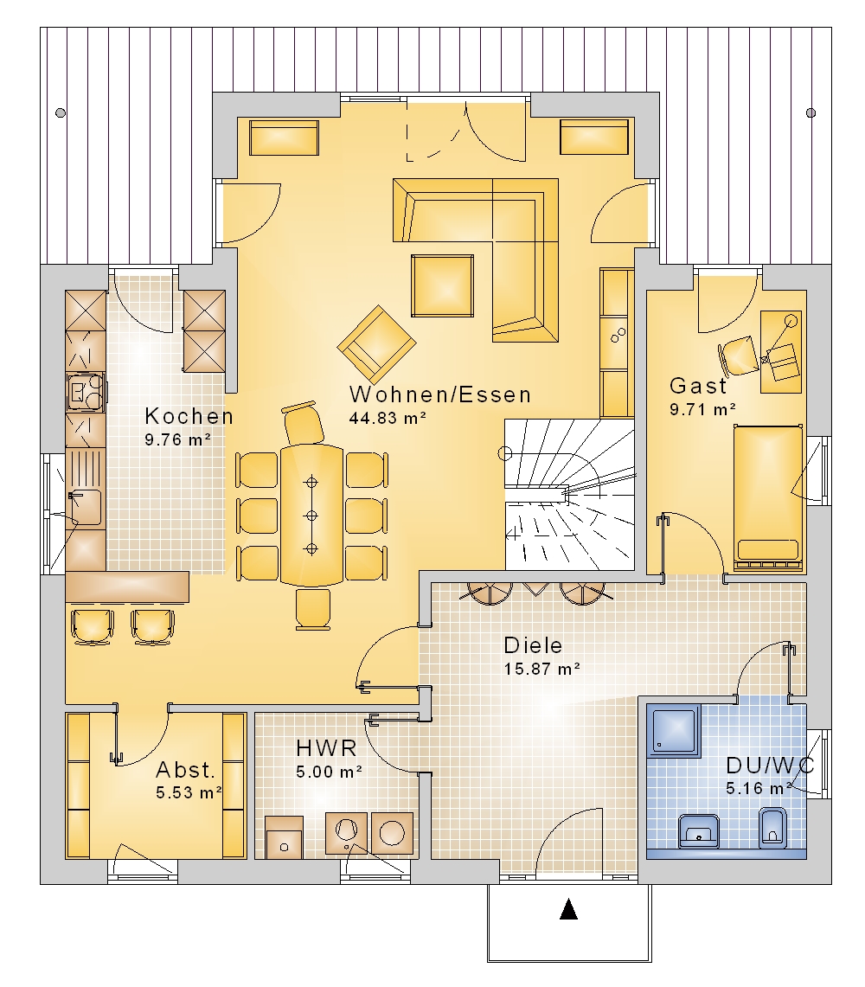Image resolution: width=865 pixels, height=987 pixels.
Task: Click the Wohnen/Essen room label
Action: pyautogui.click(x=440, y=394)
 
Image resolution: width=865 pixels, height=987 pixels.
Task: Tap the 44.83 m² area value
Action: pyautogui.click(x=388, y=418)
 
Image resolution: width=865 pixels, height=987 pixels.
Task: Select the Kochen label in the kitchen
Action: pyautogui.click(x=189, y=416)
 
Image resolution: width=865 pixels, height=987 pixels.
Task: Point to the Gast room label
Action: pyautogui.click(x=698, y=385)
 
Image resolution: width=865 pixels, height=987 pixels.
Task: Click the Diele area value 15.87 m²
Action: pyautogui.click(x=542, y=669)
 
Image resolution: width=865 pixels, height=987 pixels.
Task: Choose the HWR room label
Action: pyautogui.click(x=326, y=747)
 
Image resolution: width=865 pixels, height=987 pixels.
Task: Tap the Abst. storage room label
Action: pyautogui.click(x=186, y=770)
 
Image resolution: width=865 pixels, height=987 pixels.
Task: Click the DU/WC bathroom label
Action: pyautogui.click(x=770, y=766)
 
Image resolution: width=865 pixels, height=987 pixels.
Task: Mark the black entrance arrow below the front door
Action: pyautogui.click(x=568, y=909)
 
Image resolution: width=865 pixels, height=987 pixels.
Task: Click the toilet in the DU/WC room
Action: pyautogui.click(x=772, y=828)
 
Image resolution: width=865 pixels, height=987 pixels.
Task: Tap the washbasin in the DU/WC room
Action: pyautogui.click(x=699, y=831)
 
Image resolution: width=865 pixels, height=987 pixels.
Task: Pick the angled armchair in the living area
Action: pyautogui.click(x=376, y=344)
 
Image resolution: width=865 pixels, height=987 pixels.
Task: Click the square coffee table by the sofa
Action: pyautogui.click(x=442, y=285)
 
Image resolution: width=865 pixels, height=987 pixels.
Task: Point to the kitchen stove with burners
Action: pyautogui.click(x=85, y=392)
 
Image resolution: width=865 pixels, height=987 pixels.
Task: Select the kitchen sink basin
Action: pyautogui.click(x=85, y=508)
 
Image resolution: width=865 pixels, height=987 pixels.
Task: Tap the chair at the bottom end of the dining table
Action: pyautogui.click(x=313, y=608)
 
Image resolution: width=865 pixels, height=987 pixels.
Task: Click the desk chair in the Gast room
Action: pyautogui.click(x=737, y=356)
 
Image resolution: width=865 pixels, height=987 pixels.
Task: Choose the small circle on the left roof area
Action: pyautogui.click(x=61, y=112)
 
